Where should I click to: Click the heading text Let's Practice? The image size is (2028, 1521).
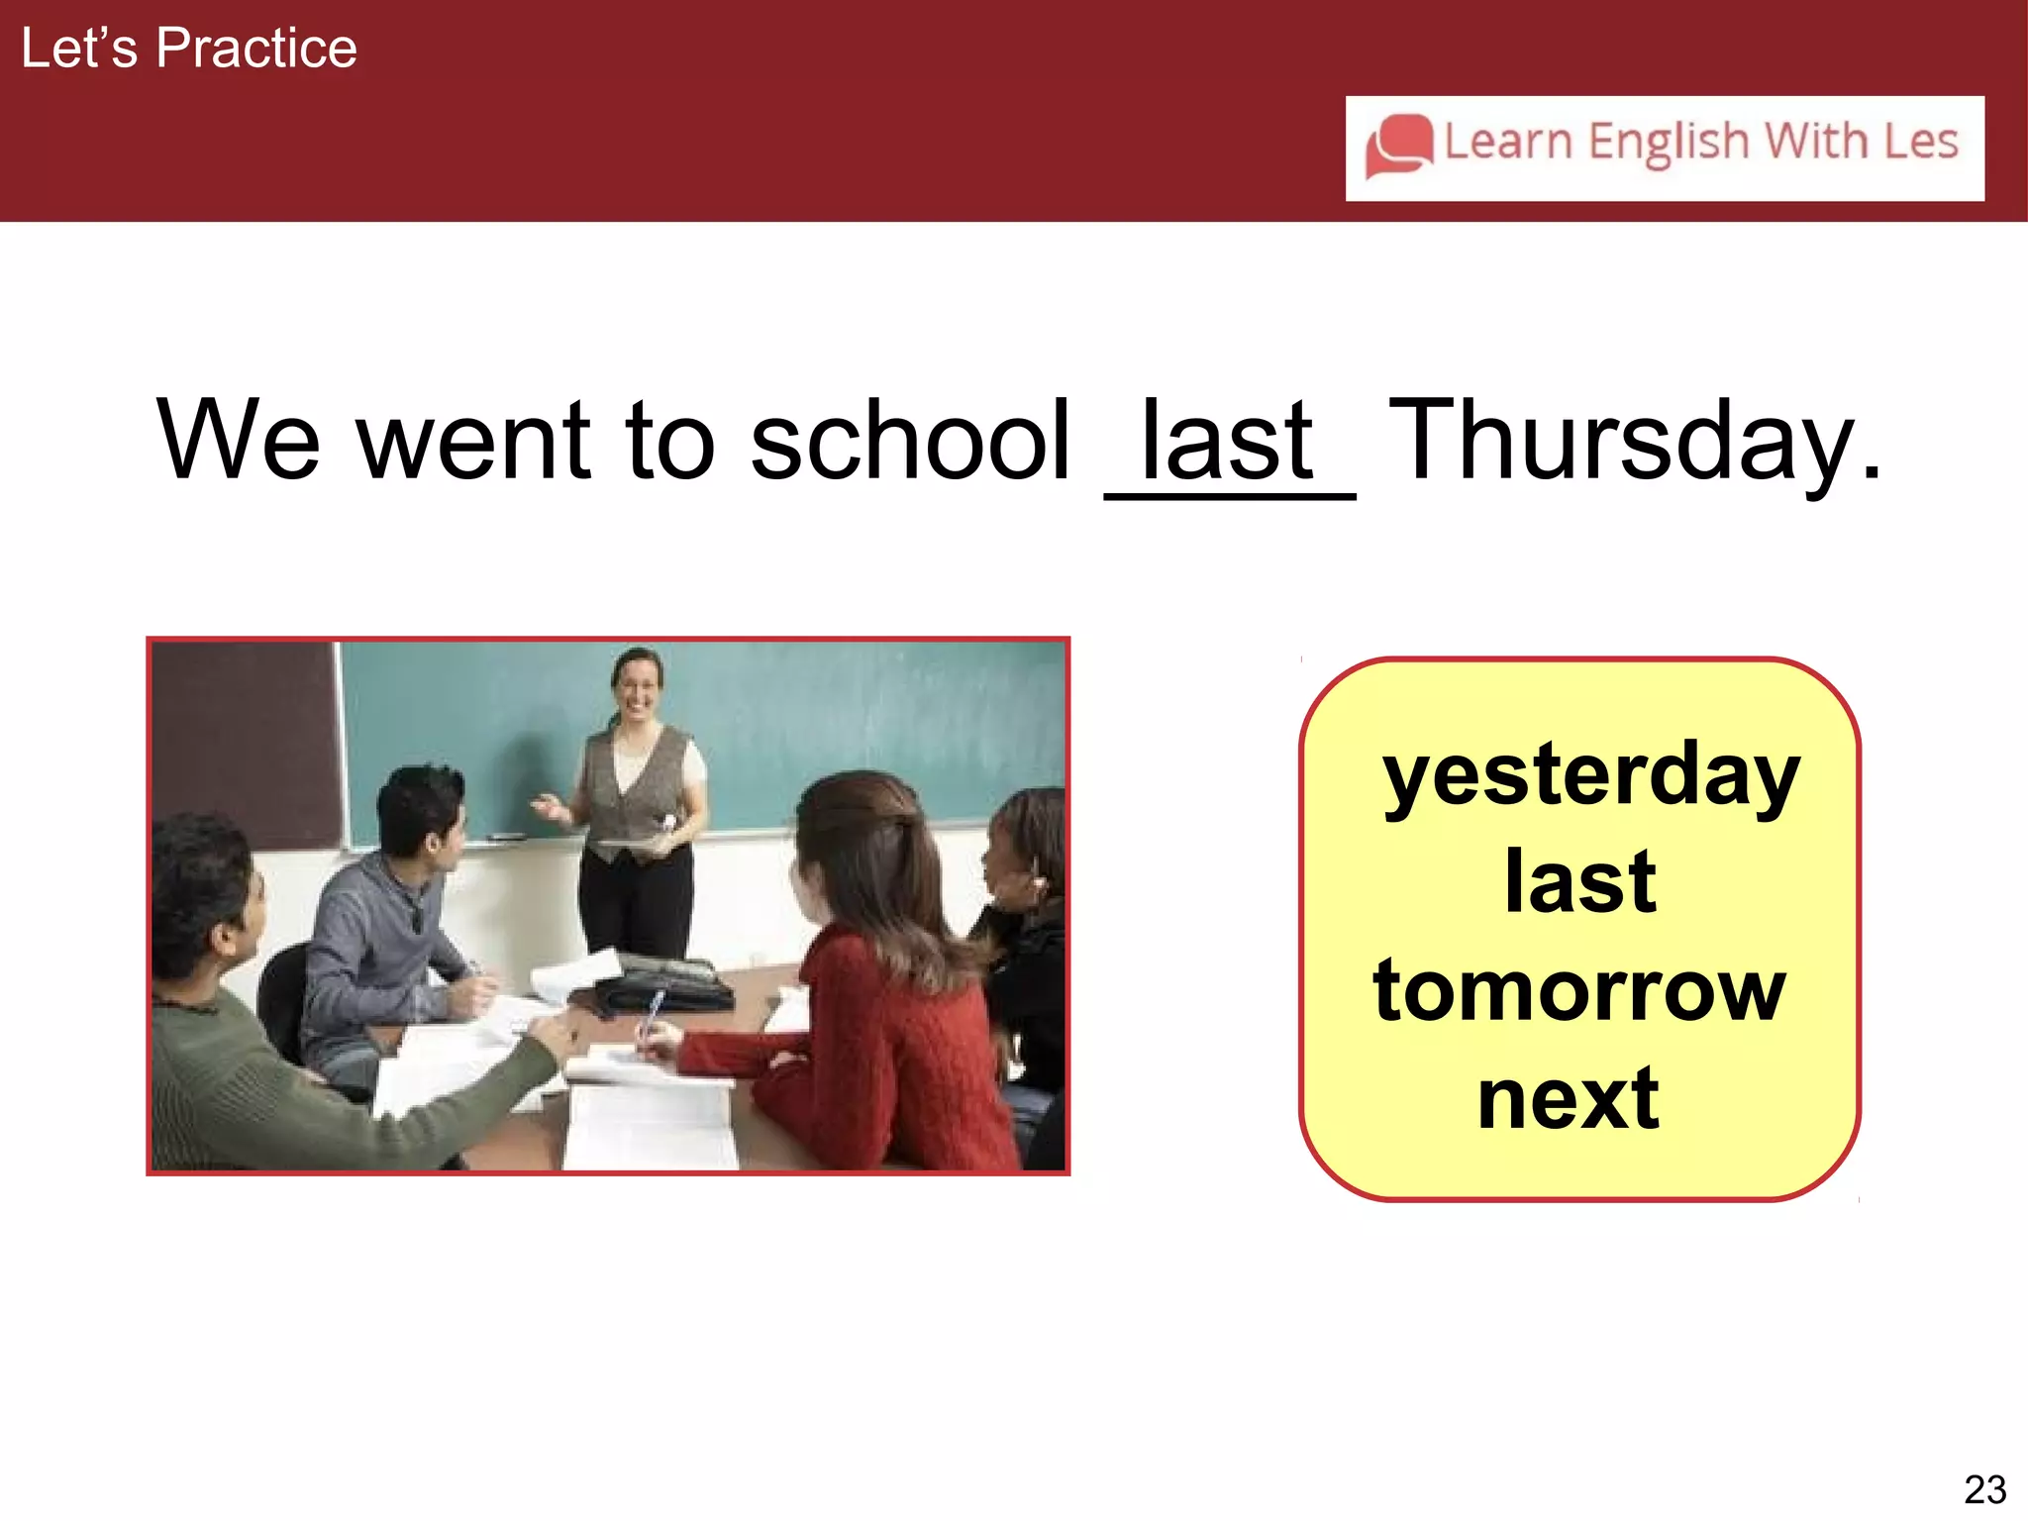188,49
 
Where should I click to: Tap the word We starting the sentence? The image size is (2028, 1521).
238,441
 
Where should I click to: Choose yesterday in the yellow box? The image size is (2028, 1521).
1589,777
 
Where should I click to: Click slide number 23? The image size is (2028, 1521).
1984,1489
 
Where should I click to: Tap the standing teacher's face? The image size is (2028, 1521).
636,685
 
